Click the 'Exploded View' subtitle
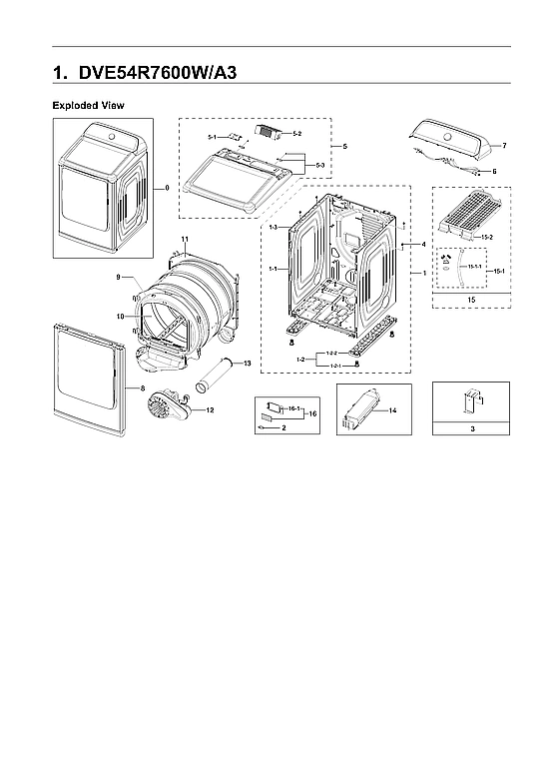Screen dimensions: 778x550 88,105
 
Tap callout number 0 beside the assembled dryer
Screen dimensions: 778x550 167,187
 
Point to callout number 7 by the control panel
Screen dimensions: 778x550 503,146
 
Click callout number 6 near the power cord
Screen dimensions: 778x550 493,171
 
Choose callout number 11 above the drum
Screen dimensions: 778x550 185,238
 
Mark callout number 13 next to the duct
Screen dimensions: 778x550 248,362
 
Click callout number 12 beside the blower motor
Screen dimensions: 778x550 210,409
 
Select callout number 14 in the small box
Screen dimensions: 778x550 392,410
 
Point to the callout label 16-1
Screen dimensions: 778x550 294,409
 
